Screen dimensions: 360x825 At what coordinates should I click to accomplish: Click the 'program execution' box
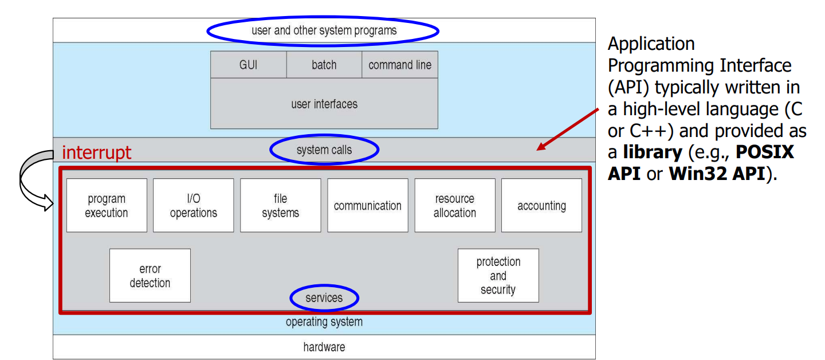pyautogui.click(x=107, y=206)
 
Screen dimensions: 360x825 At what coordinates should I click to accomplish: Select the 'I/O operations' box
pyautogui.click(x=194, y=206)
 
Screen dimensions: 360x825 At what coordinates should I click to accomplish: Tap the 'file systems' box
pyautogui.click(x=280, y=206)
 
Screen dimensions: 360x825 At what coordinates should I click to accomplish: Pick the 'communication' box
pyautogui.click(x=367, y=206)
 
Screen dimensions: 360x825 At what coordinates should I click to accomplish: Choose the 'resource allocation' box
pyautogui.click(x=454, y=206)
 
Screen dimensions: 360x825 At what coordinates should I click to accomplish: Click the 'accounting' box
pyautogui.click(x=541, y=206)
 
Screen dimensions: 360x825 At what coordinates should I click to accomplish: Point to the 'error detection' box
pyautogui.click(x=150, y=276)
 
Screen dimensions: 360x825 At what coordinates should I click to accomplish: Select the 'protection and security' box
pyautogui.click(x=498, y=276)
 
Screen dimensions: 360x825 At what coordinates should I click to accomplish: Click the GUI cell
pyautogui.click(x=248, y=65)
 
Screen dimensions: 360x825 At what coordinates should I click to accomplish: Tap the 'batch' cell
pyautogui.click(x=324, y=65)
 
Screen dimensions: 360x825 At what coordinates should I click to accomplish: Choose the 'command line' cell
pyautogui.click(x=400, y=65)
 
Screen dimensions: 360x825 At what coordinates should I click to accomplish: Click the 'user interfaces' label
pyautogui.click(x=324, y=104)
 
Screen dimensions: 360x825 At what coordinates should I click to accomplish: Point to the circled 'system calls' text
pyautogui.click(x=324, y=150)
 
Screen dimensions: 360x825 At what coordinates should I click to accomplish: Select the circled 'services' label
pyautogui.click(x=324, y=298)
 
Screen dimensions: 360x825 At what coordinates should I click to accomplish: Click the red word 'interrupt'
pyautogui.click(x=96, y=152)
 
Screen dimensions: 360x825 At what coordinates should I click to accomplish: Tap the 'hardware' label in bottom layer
pyautogui.click(x=324, y=347)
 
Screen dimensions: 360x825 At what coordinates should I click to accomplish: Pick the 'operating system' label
pyautogui.click(x=324, y=322)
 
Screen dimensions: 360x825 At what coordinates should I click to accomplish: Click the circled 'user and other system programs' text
pyautogui.click(x=324, y=30)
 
